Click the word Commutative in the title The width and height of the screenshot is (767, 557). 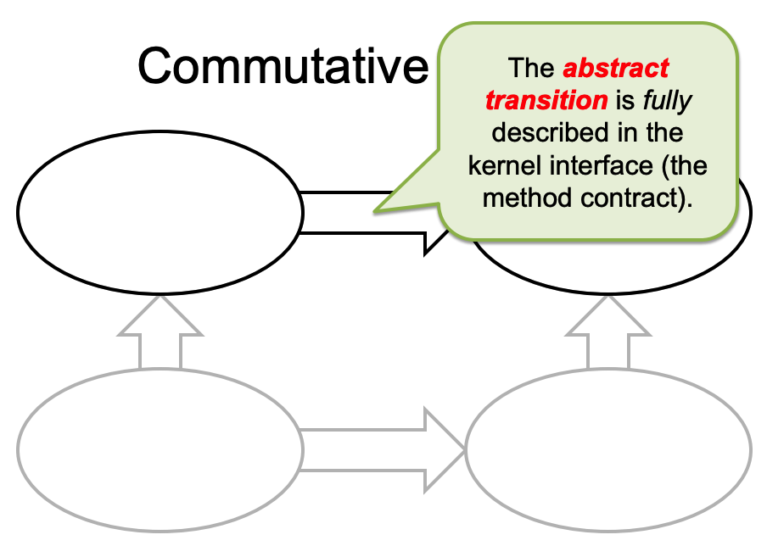(x=283, y=65)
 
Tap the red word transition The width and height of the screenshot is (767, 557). (x=546, y=100)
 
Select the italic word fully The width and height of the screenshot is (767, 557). (x=668, y=100)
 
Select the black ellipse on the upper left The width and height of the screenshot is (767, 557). (x=160, y=210)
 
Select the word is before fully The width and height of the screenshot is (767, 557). (x=625, y=100)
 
